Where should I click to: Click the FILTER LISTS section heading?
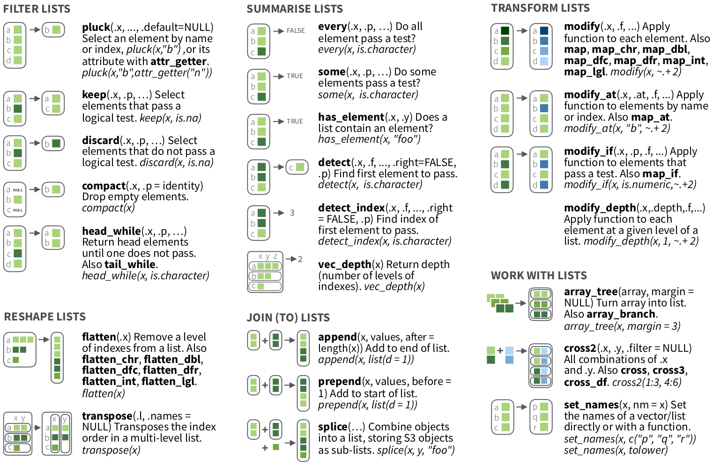click(x=37, y=9)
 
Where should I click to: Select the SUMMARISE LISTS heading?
click(x=295, y=9)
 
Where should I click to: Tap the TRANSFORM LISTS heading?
click(x=540, y=8)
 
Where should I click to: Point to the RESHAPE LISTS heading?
click(x=45, y=317)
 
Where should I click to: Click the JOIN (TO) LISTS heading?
click(x=288, y=318)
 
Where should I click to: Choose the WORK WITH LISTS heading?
click(x=539, y=276)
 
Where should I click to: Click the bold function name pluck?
click(x=96, y=27)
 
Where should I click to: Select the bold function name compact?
click(x=104, y=186)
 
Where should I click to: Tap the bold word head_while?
click(x=111, y=231)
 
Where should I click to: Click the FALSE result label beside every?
click(x=296, y=31)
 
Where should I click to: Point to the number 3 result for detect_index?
click(x=292, y=213)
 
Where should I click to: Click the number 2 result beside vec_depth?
click(x=300, y=259)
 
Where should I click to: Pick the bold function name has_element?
click(x=351, y=117)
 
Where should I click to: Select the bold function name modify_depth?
click(x=600, y=208)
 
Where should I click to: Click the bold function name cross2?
click(x=580, y=348)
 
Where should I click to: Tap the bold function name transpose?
click(x=107, y=416)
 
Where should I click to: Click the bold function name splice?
click(x=333, y=427)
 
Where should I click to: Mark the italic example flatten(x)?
click(x=104, y=393)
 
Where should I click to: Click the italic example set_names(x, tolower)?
click(x=616, y=450)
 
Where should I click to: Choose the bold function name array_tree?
click(x=590, y=292)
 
